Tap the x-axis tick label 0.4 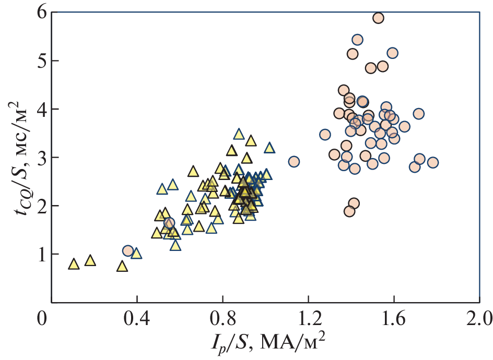click(137, 318)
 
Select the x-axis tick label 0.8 click(222, 318)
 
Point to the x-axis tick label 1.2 click(308, 318)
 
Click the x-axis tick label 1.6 click(394, 318)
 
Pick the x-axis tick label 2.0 click(479, 318)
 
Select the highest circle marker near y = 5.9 click(378, 18)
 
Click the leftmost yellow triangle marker click(74, 265)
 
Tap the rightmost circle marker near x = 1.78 click(432, 162)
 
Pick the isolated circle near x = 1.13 click(294, 161)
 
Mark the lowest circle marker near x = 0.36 click(128, 251)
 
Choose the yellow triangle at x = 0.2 click(90, 260)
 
